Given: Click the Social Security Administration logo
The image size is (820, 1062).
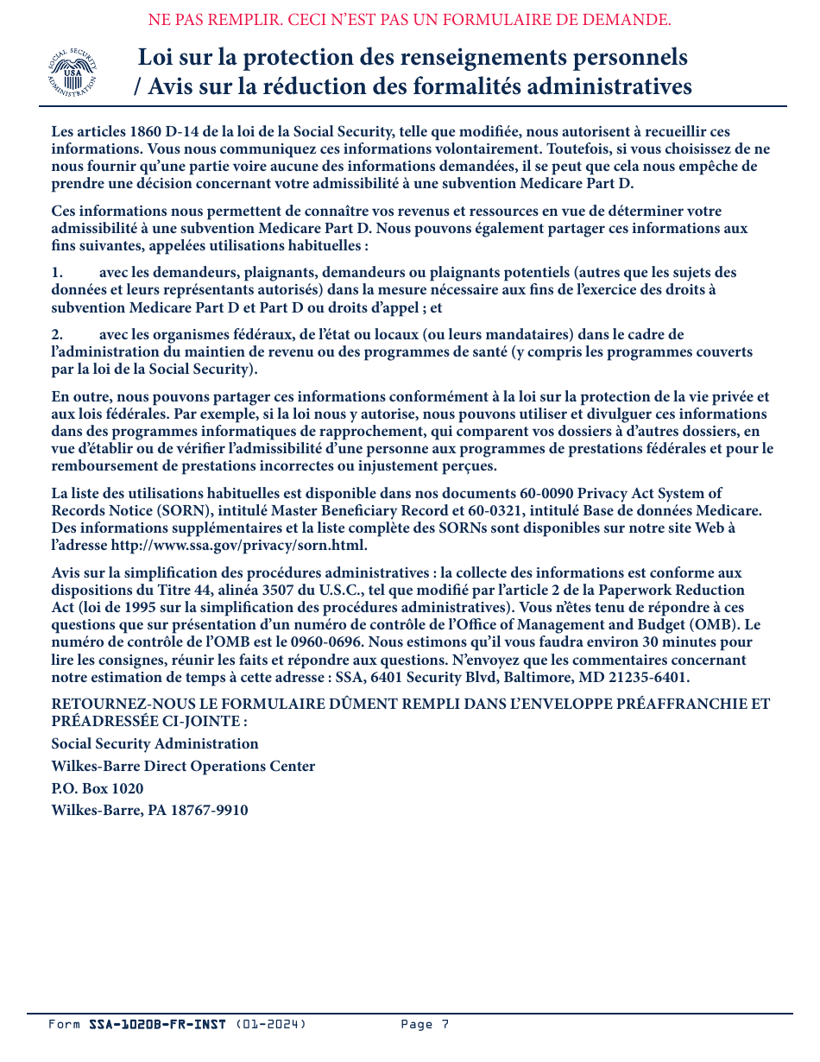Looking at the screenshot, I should (72, 73).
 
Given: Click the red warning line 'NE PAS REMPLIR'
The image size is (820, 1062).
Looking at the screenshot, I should (409, 19).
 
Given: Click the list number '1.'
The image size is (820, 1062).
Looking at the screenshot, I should (57, 272).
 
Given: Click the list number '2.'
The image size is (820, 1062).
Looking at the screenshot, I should (57, 334).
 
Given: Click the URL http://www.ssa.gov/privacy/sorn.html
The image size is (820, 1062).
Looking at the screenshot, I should (239, 545).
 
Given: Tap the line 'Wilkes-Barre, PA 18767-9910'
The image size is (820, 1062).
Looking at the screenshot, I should (149, 811).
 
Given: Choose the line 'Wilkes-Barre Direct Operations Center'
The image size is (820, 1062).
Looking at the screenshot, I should (183, 766).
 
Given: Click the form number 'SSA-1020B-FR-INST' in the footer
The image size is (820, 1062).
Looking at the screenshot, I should (157, 1025).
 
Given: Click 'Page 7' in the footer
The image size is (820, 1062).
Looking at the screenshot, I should (425, 1025).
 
